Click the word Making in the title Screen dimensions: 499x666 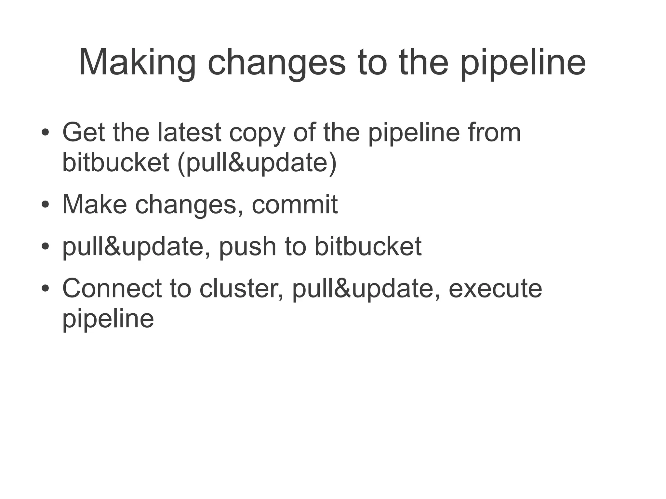pyautogui.click(x=137, y=62)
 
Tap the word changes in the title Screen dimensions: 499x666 pyautogui.click(x=277, y=62)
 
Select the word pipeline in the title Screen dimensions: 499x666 pyautogui.click(x=523, y=62)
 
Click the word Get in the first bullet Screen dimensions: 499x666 pyautogui.click(x=83, y=132)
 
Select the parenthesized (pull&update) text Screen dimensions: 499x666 pyautogui.click(x=257, y=163)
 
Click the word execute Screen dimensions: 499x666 pyautogui.click(x=495, y=289)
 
